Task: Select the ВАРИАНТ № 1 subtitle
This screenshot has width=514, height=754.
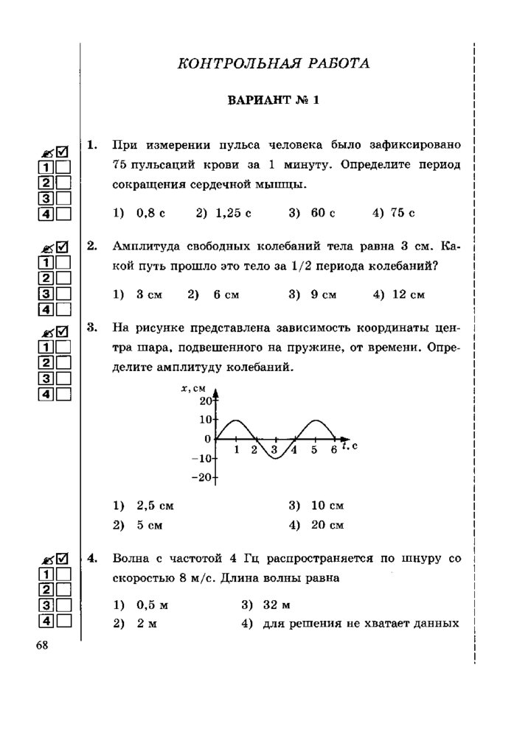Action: pyautogui.click(x=273, y=101)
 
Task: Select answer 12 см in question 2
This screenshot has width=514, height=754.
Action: pyautogui.click(x=407, y=295)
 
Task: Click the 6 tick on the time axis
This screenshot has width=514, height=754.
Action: pyautogui.click(x=333, y=449)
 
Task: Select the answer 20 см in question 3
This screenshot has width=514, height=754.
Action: pyautogui.click(x=328, y=525)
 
